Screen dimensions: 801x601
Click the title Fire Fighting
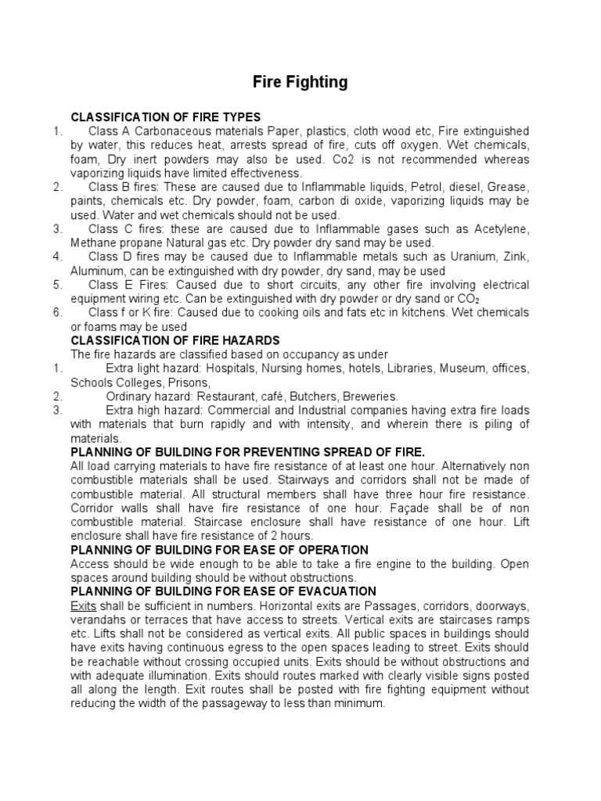(300, 81)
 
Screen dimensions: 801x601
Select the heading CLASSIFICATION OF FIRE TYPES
(166, 117)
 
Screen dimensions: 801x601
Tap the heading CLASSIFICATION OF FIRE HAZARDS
(175, 340)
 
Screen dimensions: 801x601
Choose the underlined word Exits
(82, 605)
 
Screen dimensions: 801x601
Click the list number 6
(58, 313)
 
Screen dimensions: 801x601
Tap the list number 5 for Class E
(58, 285)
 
